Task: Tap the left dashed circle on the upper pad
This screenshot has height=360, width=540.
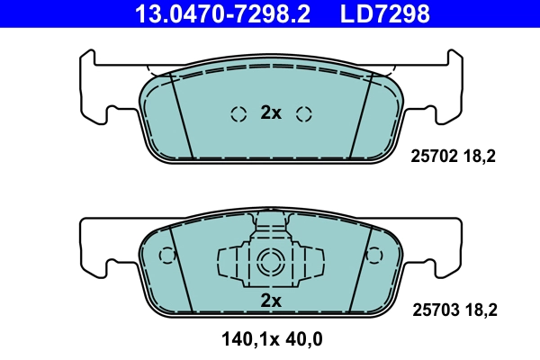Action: (x=238, y=113)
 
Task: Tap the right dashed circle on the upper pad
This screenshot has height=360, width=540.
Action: (x=303, y=113)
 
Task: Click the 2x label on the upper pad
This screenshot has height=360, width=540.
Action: (x=271, y=112)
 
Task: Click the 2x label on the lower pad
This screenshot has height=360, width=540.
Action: (x=271, y=300)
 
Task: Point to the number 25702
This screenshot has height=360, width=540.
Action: (x=431, y=155)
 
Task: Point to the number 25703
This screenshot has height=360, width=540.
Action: (x=431, y=310)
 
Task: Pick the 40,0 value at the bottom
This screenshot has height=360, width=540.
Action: (x=303, y=339)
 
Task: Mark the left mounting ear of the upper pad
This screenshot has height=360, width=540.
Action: (x=96, y=90)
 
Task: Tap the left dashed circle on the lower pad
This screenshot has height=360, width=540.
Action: (x=166, y=256)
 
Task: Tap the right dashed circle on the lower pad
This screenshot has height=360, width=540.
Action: (x=375, y=256)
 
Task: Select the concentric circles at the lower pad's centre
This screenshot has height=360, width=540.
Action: (x=270, y=263)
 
